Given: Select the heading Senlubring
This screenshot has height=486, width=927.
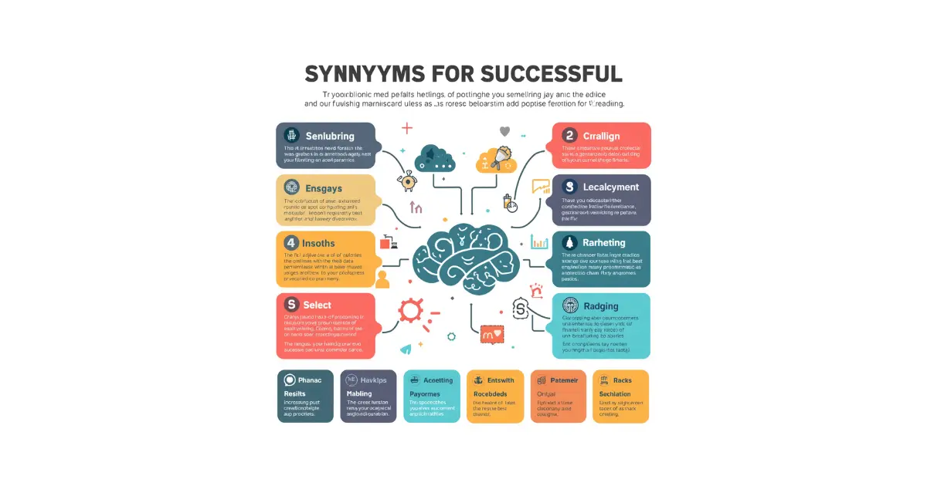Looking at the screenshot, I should [330, 136].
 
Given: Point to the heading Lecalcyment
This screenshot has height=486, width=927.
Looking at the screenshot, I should [611, 187].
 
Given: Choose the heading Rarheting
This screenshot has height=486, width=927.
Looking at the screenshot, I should [604, 243].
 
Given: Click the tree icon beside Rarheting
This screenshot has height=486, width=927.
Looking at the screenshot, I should [570, 243].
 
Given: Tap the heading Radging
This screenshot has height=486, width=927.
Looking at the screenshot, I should [601, 305].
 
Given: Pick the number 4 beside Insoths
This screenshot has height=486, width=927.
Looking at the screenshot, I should [291, 243].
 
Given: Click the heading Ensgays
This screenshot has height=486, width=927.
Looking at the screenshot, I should [323, 187].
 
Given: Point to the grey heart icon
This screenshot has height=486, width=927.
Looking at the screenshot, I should [505, 131].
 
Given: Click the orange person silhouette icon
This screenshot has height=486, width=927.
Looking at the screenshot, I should [382, 279].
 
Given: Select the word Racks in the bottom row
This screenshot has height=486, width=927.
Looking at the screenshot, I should [623, 380].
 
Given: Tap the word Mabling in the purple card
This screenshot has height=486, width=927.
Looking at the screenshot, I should [359, 393].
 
